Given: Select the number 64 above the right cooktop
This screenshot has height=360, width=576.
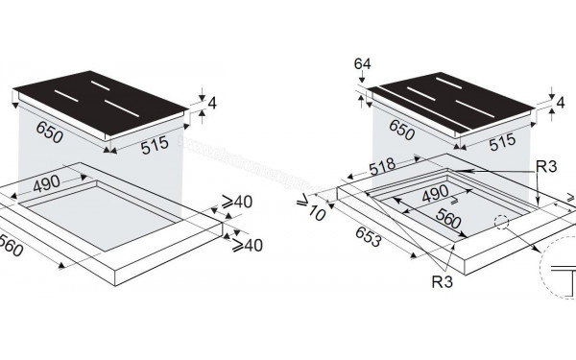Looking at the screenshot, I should [x=361, y=64].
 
